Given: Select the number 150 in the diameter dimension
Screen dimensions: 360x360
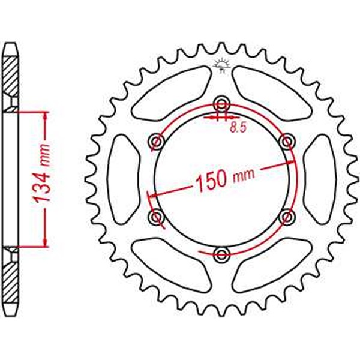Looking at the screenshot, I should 211,179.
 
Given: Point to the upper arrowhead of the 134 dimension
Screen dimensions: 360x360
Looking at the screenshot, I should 44,116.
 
